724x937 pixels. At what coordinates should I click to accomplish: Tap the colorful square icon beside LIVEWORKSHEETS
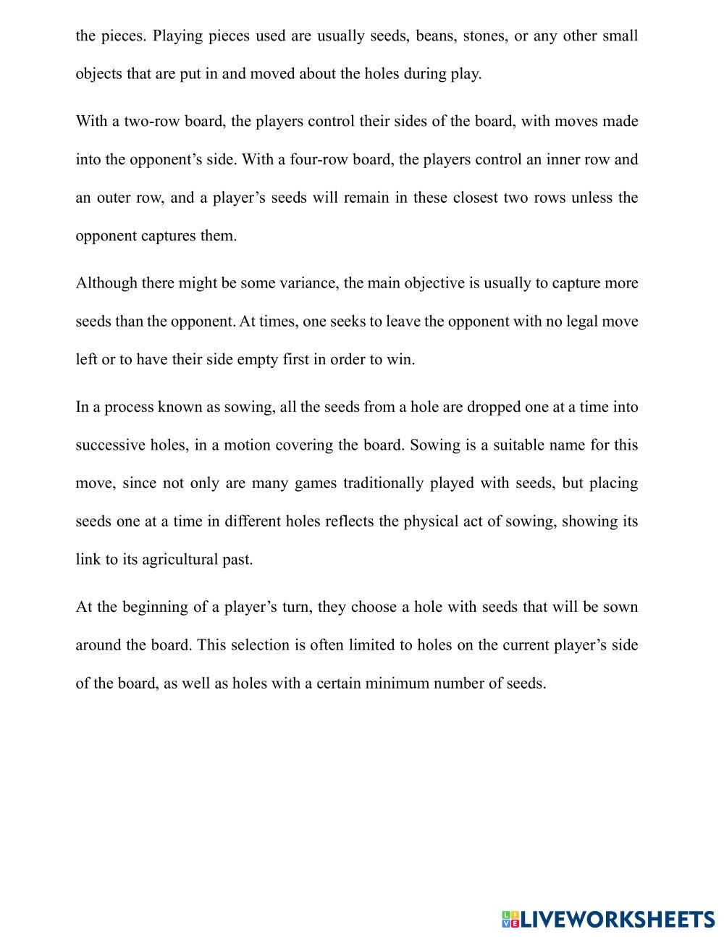[x=510, y=920]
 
